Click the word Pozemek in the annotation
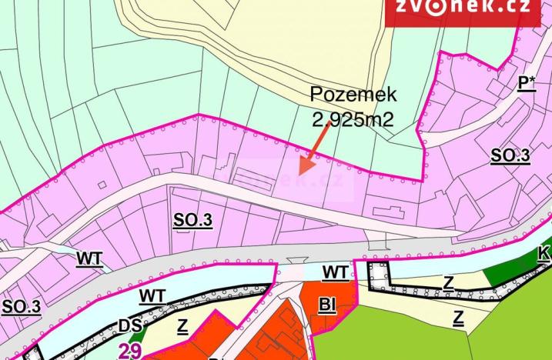pos(353,95)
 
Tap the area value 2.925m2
pos(353,119)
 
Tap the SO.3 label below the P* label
pos(510,156)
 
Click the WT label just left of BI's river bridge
pos(335,272)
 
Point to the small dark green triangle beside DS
pos(137,335)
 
